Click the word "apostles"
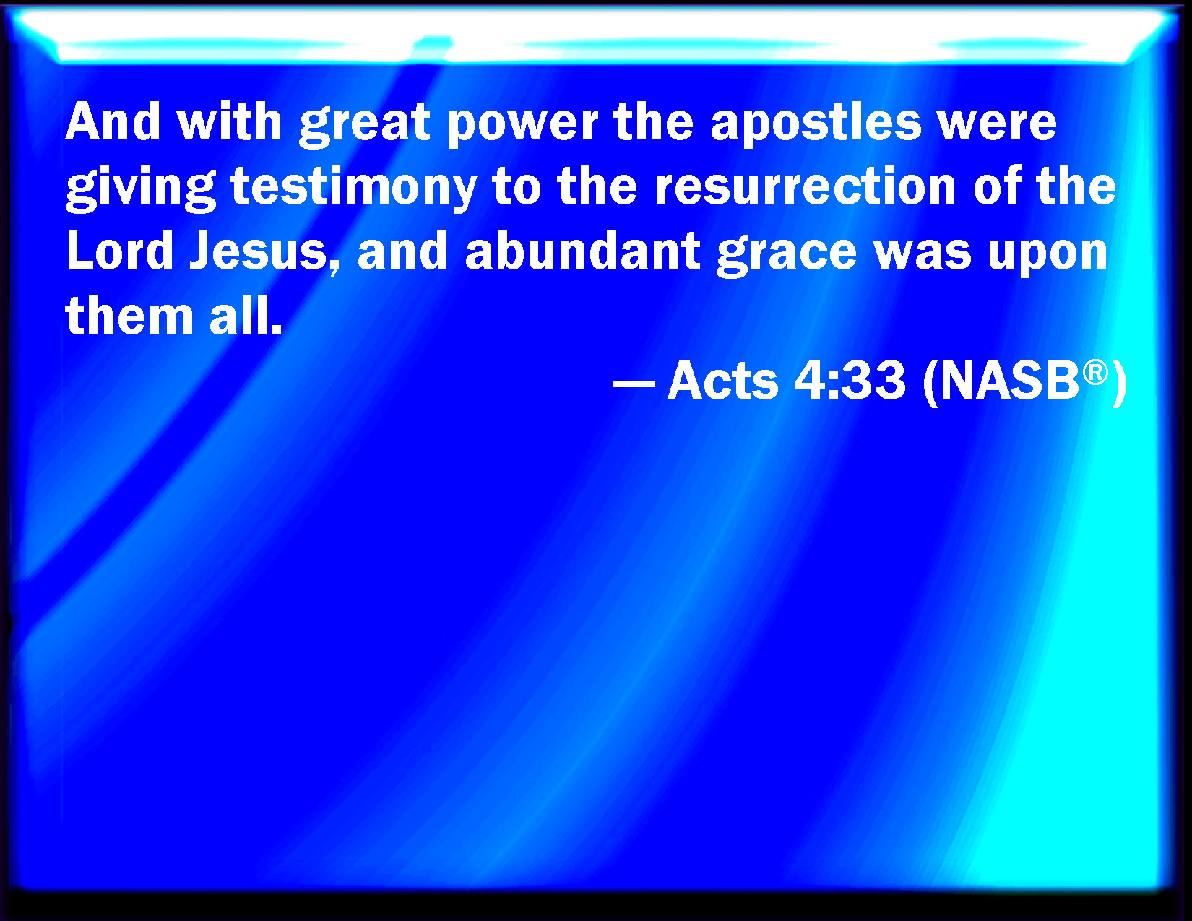point(816,124)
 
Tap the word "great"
point(365,124)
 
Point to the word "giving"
point(141,188)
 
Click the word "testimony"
point(354,188)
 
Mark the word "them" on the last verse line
point(129,315)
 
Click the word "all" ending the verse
point(246,315)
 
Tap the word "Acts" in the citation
point(722,381)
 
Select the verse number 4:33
point(849,380)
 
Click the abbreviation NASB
point(1009,381)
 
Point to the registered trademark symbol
point(1095,373)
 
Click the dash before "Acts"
point(634,383)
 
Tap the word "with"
point(229,122)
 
